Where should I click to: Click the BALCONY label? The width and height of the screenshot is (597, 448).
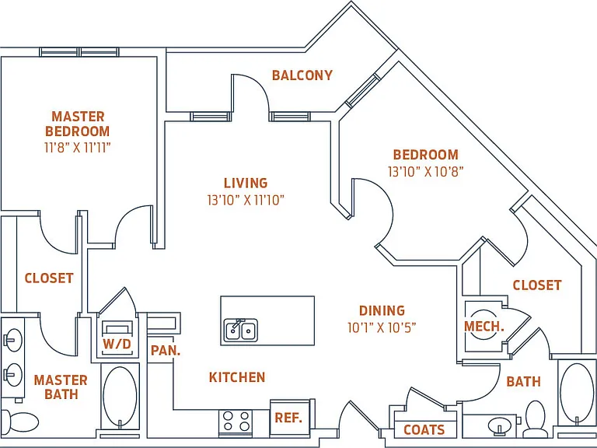pos(302,75)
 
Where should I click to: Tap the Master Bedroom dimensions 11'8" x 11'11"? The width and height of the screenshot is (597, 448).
pos(78,148)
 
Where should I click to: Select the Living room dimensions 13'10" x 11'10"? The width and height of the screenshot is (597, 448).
pos(246,200)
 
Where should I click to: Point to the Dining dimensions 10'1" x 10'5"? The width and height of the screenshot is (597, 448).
pos(382,327)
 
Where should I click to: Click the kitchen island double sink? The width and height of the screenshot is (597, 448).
pos(241,331)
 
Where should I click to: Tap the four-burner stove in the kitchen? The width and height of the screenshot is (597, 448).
pos(236,421)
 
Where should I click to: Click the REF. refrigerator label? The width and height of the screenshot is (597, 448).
pos(288,418)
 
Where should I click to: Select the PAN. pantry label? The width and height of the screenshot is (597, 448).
pos(166,351)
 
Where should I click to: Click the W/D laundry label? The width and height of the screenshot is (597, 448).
pos(117,344)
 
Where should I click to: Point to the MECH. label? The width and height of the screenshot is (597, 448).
pos(484,326)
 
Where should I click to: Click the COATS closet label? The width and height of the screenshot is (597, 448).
pos(424,429)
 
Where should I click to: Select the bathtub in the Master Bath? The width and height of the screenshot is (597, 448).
pos(120,397)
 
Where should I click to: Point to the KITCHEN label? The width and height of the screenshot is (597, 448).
pos(237,377)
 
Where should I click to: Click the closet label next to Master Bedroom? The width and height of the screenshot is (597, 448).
pos(49,278)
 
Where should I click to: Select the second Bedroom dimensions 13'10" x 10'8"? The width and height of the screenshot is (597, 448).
pos(426,171)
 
